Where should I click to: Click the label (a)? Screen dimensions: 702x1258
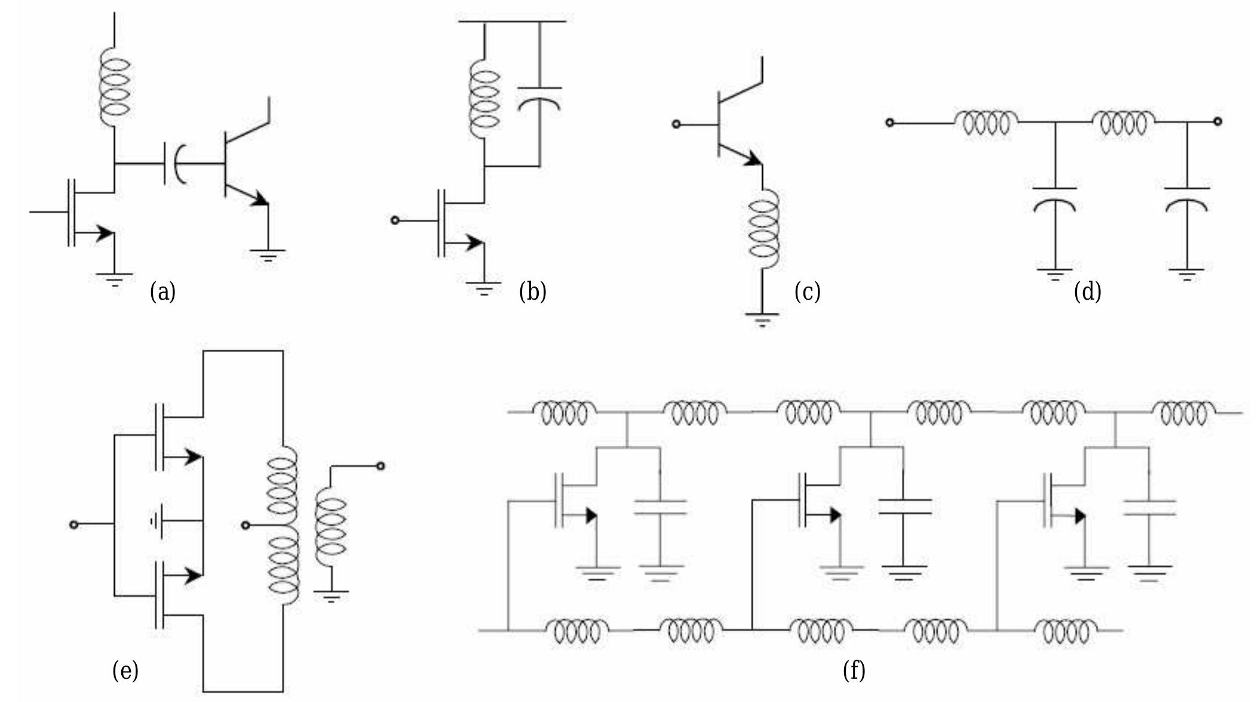(162, 292)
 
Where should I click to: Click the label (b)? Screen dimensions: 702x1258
(532, 292)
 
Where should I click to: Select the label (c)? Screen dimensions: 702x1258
(807, 292)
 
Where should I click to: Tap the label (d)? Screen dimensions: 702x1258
(1087, 292)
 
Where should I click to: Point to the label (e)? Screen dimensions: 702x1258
(125, 670)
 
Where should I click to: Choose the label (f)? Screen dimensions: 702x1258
(854, 670)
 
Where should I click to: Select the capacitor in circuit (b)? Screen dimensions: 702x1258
(539, 98)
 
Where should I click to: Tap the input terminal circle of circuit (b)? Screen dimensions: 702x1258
(394, 220)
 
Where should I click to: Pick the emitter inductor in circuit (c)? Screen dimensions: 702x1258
(763, 230)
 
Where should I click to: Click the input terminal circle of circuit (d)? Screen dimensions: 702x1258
(889, 122)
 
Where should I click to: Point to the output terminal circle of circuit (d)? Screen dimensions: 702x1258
(1218, 122)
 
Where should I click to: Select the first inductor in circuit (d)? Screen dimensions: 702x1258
(986, 122)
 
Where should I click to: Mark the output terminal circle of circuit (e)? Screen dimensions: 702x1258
(381, 466)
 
